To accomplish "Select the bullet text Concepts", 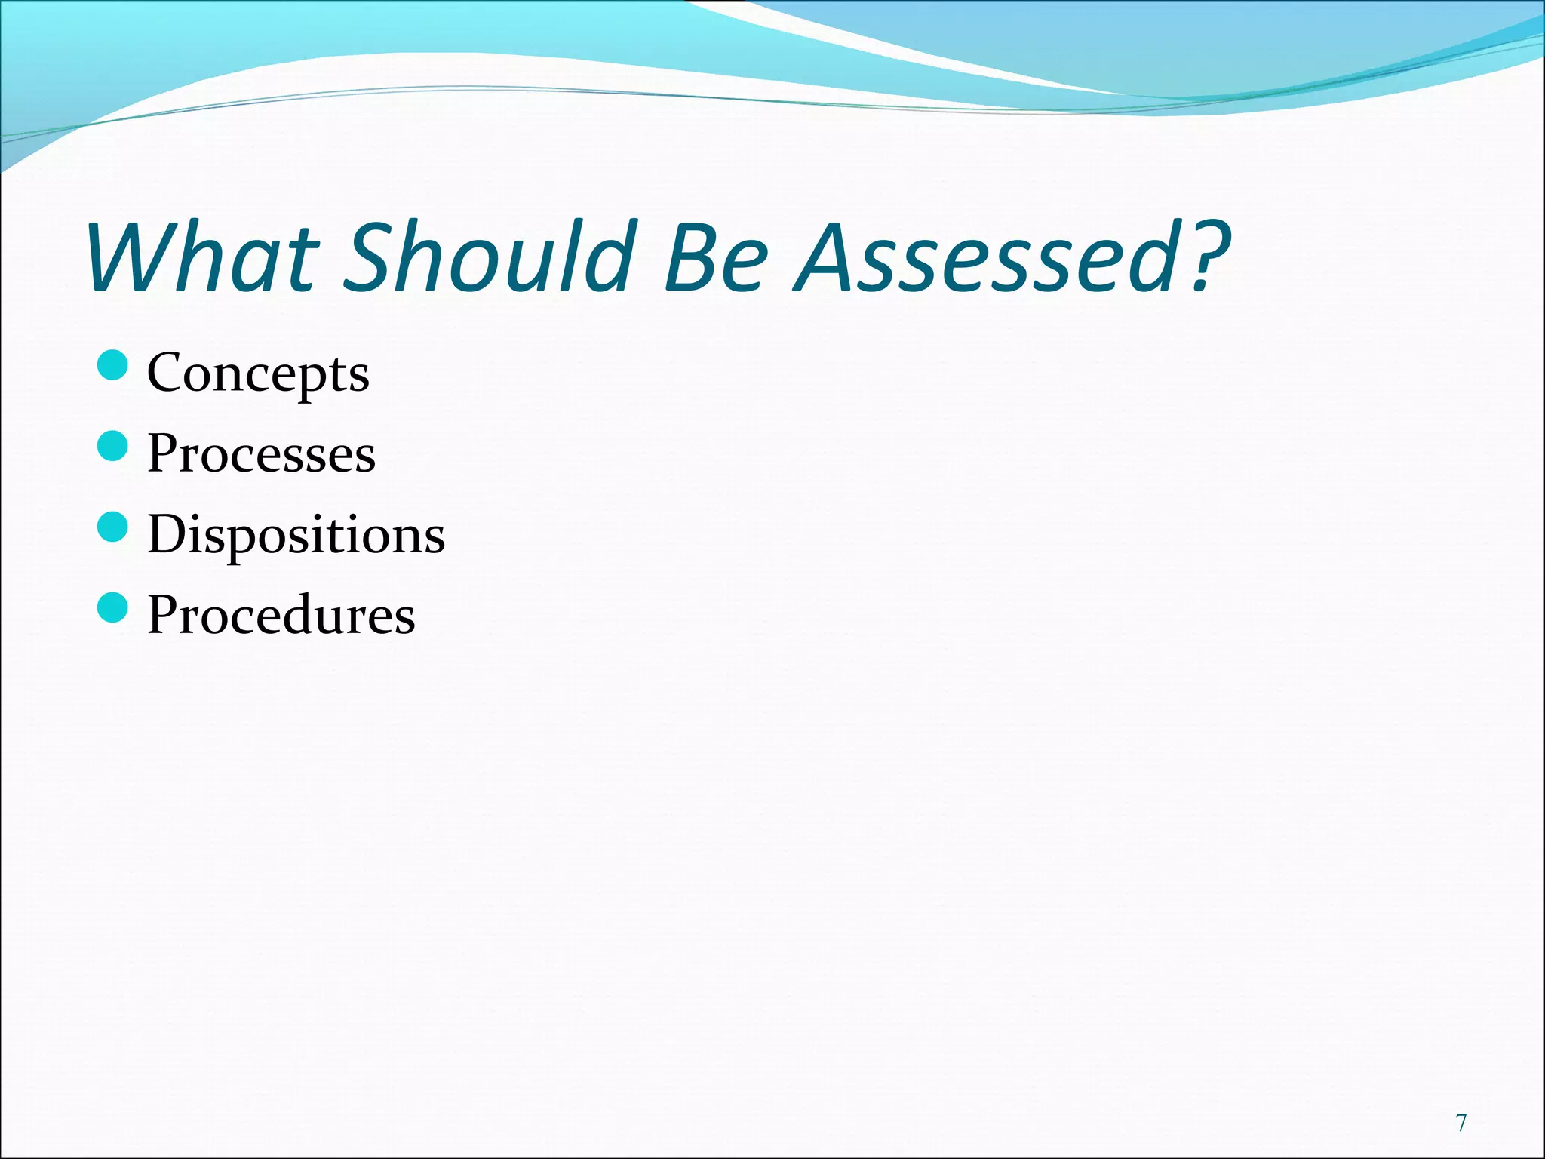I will coord(258,373).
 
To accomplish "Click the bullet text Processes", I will coord(261,453).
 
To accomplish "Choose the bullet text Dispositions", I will coord(296,534).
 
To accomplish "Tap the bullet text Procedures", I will coord(281,615).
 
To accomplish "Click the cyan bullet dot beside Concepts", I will coord(113,365).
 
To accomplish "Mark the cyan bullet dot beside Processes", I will coord(113,446).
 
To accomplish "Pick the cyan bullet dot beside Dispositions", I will coord(113,527).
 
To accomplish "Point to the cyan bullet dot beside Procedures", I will coord(113,607).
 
